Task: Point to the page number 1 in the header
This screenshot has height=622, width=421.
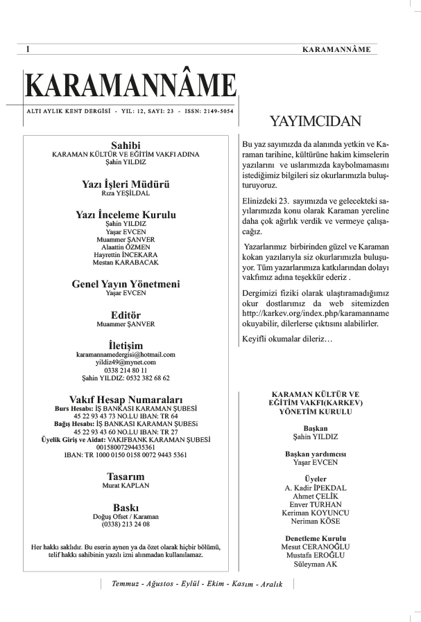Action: click(x=27, y=49)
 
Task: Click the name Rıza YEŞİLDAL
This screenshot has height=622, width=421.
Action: click(x=126, y=194)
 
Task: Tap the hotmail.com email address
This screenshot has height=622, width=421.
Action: click(x=126, y=354)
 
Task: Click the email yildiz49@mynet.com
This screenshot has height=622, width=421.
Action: click(x=126, y=362)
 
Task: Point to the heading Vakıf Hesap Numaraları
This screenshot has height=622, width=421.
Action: click(x=126, y=400)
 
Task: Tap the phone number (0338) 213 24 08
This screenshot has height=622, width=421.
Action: click(x=126, y=524)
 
